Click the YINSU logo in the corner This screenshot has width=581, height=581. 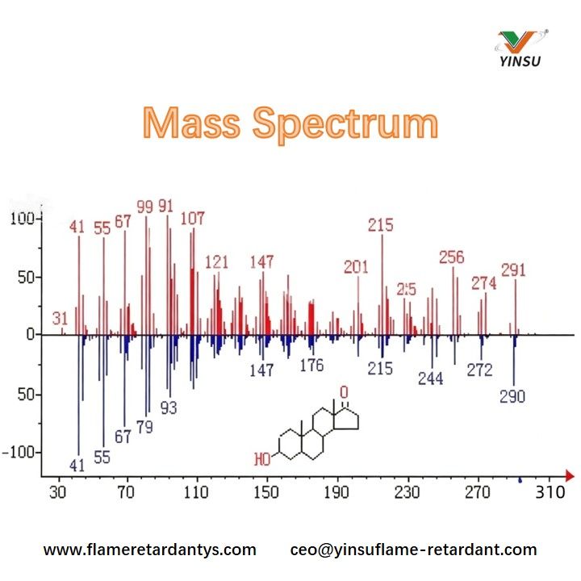tap(523, 48)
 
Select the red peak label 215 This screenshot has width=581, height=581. tap(380, 225)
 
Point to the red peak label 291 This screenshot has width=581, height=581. tap(514, 270)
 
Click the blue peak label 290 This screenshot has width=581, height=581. tap(512, 396)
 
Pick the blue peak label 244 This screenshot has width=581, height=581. tap(430, 378)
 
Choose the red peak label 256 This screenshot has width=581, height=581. tap(452, 257)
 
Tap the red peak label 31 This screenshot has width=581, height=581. tap(60, 318)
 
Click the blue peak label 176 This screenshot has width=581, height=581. tap(311, 366)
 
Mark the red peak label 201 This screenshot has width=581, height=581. tap(356, 267)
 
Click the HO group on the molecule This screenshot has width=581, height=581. tap(262, 460)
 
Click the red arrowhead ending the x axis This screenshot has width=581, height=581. tap(570, 474)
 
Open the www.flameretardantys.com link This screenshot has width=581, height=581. tap(149, 550)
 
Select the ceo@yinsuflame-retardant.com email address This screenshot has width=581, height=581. tap(413, 550)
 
